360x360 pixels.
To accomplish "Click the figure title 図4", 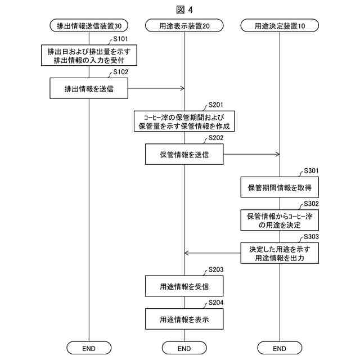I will (x=184, y=9).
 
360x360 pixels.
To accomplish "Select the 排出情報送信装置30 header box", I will (x=89, y=25).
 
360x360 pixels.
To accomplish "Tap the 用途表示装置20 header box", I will (x=184, y=25).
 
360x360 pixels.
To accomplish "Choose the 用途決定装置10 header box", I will (x=280, y=25).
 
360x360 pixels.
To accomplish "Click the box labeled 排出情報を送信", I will (x=89, y=88).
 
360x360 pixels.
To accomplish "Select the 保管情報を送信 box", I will (x=184, y=154).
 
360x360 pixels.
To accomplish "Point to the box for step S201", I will (x=184, y=121).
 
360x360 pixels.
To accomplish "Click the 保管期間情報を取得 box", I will (x=280, y=187).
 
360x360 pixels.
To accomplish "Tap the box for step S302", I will (x=280, y=220).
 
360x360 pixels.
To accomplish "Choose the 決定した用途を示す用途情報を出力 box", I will (x=280, y=253).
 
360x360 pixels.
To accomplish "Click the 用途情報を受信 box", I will (x=184, y=286).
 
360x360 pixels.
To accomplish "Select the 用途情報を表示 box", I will (x=184, y=319).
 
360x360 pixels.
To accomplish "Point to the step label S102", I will (x=120, y=72).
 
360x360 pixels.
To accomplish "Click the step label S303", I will (x=311, y=237).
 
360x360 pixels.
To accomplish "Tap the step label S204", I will (x=216, y=303).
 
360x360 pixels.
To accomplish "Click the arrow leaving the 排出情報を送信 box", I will (x=156, y=88).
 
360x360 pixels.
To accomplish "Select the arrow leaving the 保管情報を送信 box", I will (x=251, y=154).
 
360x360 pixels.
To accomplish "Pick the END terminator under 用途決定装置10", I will (x=280, y=348).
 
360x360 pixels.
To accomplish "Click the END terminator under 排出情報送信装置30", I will (x=89, y=348).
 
